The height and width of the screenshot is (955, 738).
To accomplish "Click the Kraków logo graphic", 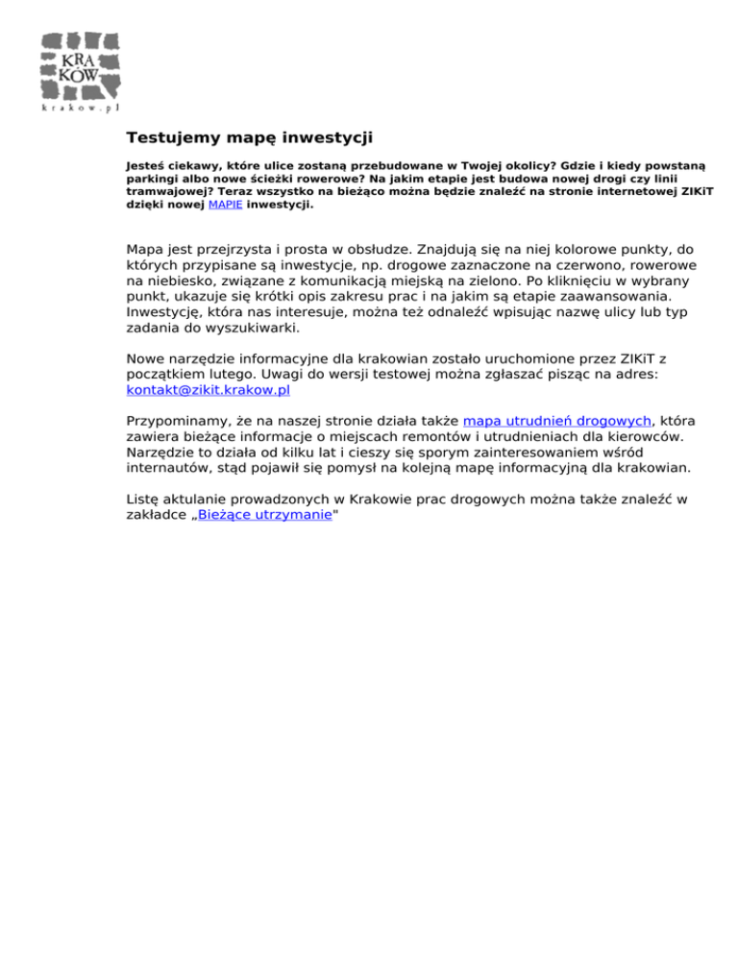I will pos(81,64).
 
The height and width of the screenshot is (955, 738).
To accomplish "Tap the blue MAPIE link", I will pos(226,205).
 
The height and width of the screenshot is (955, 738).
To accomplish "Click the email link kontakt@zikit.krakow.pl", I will pos(208,391).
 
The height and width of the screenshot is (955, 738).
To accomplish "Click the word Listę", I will pos(146,499).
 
